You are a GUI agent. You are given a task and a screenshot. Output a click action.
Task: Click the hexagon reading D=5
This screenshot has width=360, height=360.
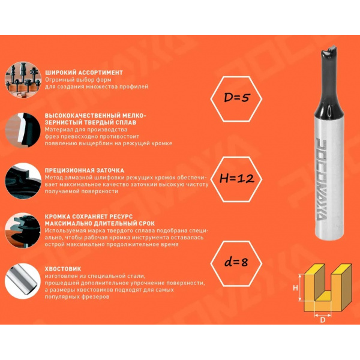pos(236,99)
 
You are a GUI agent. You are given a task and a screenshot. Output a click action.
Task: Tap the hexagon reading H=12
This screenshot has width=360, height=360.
pos(236,179)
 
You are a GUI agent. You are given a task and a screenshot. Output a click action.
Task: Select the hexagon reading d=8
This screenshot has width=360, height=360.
pos(236,263)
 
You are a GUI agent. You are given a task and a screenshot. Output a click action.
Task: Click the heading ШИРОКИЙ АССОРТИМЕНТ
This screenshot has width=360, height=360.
pos(84,73)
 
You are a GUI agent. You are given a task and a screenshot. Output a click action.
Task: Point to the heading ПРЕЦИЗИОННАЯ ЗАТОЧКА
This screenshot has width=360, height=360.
pos(84,170)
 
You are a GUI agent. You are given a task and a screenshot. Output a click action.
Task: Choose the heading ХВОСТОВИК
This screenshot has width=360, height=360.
pos(63,269)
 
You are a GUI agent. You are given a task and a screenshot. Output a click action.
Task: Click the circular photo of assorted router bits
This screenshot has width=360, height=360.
pos(23,80)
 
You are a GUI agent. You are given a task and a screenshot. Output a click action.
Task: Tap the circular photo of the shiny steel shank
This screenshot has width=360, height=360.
pos(23,281)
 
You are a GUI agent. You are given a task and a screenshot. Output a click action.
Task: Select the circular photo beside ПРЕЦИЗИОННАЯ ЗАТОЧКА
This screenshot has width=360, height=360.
pos(23,181)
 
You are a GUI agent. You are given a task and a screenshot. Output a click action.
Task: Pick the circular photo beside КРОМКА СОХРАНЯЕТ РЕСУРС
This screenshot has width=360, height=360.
pos(23,230)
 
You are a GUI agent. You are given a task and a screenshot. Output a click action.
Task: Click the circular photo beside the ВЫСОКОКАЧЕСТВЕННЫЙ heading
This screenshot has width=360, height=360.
pos(23,130)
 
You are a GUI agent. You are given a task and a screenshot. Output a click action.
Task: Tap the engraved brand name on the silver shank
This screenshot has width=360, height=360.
pos(324,179)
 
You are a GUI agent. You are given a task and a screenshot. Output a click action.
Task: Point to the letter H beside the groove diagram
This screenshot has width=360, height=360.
pos(295,287)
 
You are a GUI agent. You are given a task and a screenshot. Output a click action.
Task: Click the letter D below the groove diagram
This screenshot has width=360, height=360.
pos(323,320)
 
